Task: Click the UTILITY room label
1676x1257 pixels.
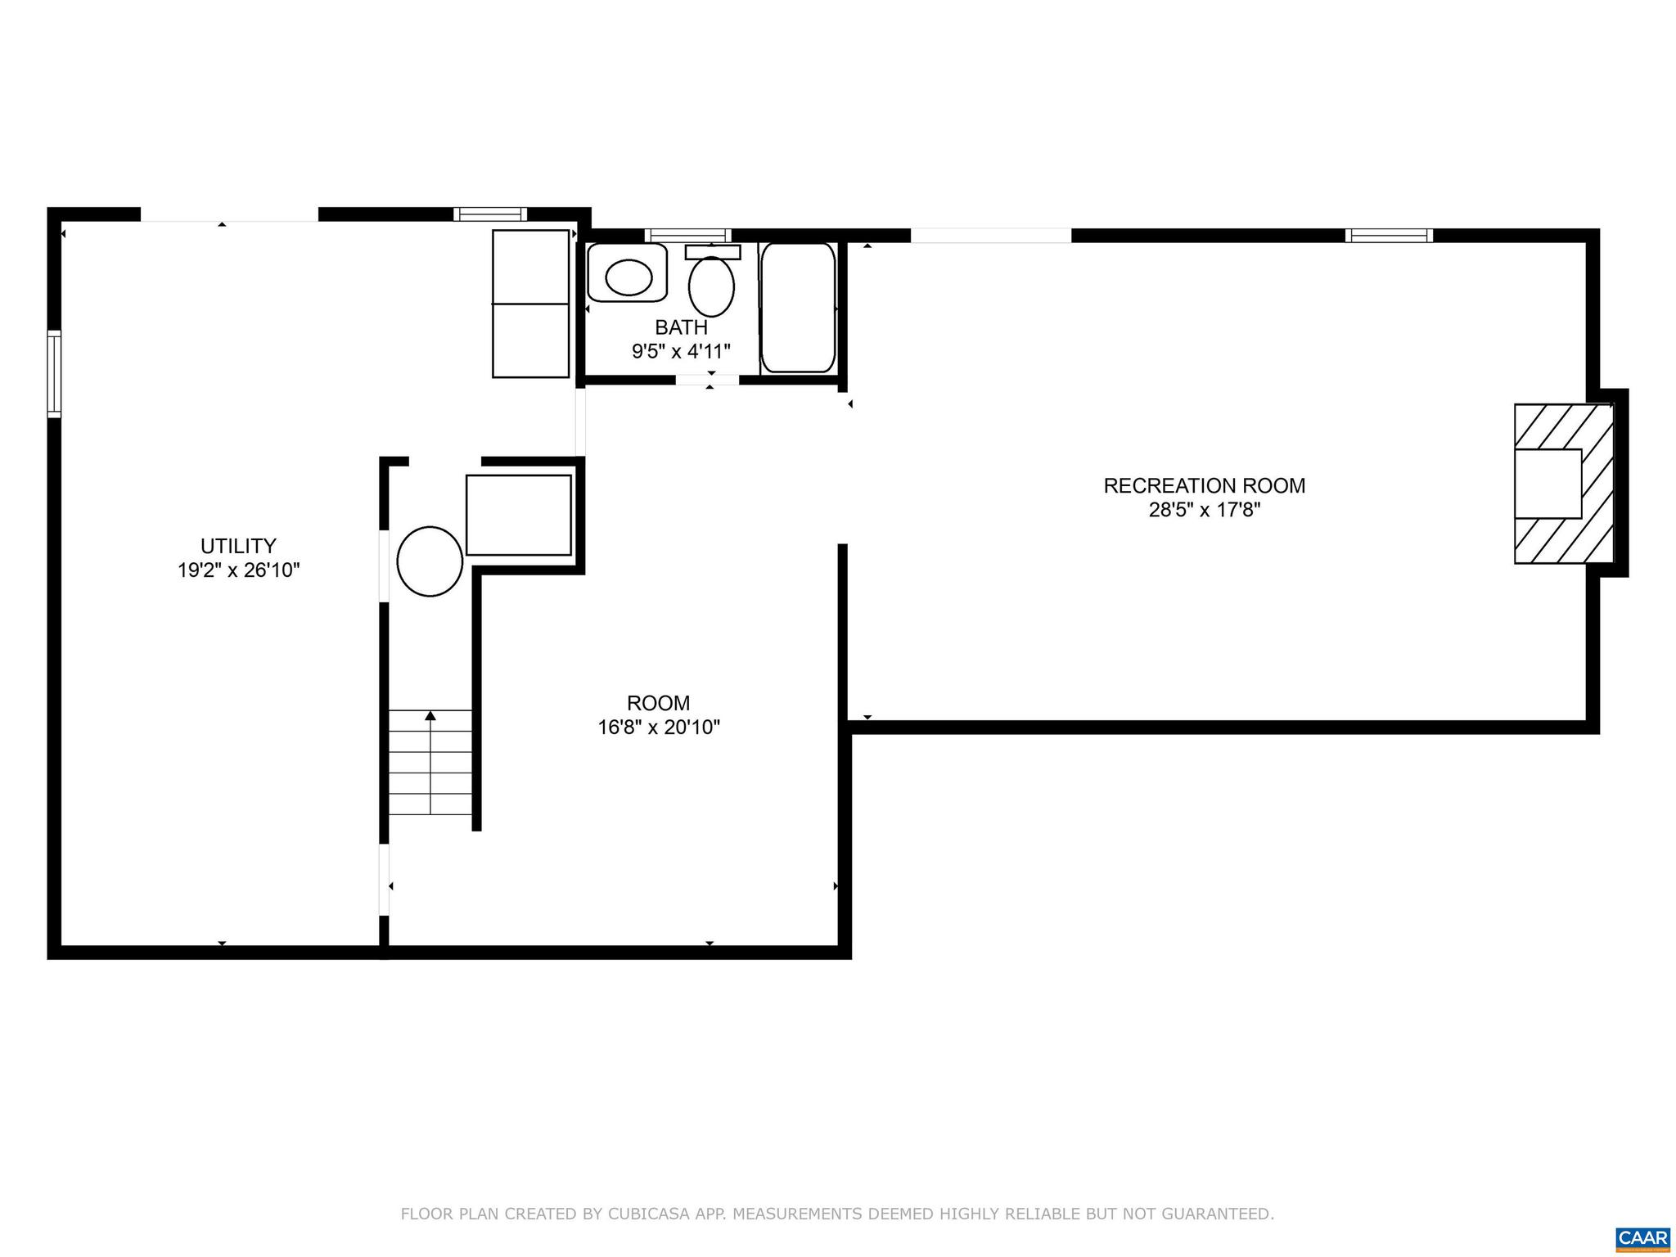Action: pos(238,546)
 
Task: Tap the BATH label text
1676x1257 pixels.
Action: pos(681,327)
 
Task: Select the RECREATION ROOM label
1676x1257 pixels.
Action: pos(1204,485)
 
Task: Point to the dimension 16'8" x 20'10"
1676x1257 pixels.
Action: pos(658,727)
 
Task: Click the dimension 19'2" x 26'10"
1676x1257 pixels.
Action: pos(238,570)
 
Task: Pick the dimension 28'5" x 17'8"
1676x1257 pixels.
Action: pos(1204,510)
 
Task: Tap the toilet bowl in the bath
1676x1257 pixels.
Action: pos(711,287)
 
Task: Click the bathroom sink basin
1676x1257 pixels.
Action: pos(628,277)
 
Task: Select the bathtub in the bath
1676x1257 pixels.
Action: pos(798,308)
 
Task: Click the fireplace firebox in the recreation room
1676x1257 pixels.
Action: pos(1548,484)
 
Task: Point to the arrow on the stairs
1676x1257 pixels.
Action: pos(430,717)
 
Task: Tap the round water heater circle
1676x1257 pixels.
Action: pos(430,561)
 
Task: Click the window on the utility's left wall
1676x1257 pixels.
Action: pos(54,373)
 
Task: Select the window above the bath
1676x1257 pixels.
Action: pos(687,236)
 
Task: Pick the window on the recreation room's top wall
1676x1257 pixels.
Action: pos(1389,236)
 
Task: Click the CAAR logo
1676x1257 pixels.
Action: pos(1643,1237)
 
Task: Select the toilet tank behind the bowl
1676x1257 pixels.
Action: pos(713,252)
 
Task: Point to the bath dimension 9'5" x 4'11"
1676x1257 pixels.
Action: pos(681,352)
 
